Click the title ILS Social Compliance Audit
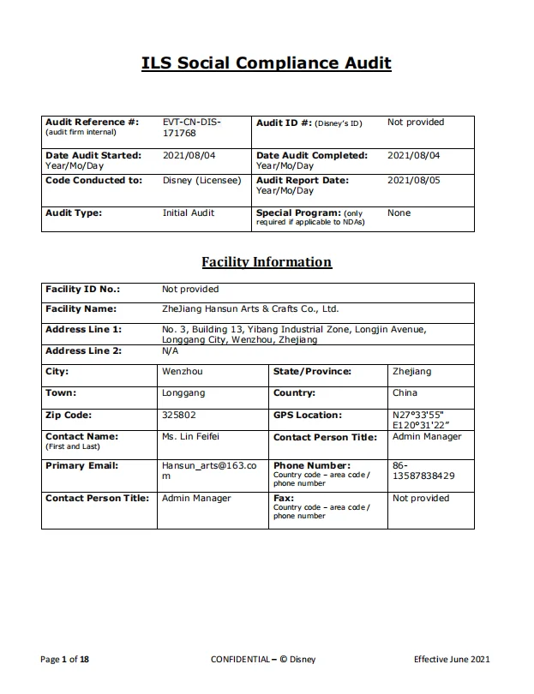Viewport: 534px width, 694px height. coord(267,63)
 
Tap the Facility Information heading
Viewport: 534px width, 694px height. coord(267,262)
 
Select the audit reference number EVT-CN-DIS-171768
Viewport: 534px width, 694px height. coord(191,128)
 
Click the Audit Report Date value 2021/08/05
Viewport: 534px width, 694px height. coord(413,181)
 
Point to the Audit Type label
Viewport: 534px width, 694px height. coord(73,212)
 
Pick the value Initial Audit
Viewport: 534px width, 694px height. coord(189,212)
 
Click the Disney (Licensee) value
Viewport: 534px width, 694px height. coord(202,181)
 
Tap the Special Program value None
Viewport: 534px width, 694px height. coord(399,212)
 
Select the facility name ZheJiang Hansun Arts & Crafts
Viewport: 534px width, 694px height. coord(250,309)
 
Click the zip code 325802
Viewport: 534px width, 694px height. coord(179,415)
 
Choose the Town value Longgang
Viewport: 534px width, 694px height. coord(183,393)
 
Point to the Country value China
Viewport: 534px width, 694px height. coord(405,393)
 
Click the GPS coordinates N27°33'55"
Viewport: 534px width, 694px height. coord(417,415)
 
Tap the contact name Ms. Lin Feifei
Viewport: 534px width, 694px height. coord(194,436)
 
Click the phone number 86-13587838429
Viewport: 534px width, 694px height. coord(423,470)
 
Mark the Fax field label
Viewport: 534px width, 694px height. coord(283,498)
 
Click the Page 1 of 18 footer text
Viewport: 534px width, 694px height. coord(65,659)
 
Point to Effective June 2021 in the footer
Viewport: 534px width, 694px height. coord(452,659)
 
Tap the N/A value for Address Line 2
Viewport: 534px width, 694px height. coord(170,351)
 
